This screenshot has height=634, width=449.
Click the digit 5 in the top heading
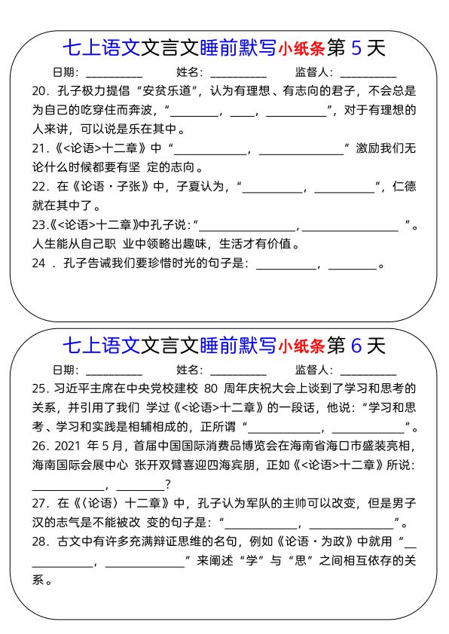coord(358,48)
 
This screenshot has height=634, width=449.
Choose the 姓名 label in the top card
coord(190,73)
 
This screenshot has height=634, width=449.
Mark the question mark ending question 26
coord(167,484)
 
